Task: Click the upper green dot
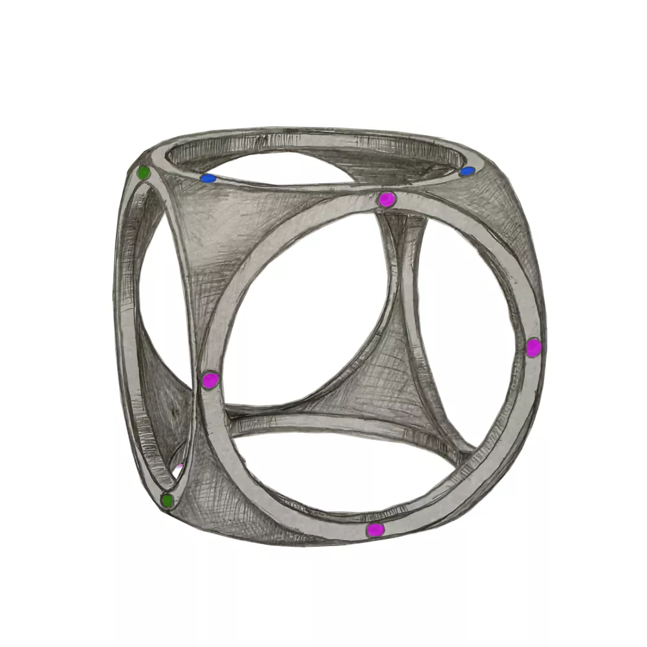click(x=144, y=173)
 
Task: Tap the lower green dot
click(x=167, y=500)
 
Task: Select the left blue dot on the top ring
click(x=208, y=178)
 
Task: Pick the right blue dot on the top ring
click(x=467, y=171)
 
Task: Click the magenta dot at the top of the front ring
click(x=386, y=200)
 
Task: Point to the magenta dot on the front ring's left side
click(x=210, y=380)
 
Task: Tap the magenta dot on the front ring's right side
click(x=533, y=347)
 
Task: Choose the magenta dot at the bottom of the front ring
click(x=375, y=530)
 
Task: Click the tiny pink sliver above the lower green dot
click(x=179, y=466)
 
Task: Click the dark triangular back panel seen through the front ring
click(x=382, y=382)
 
